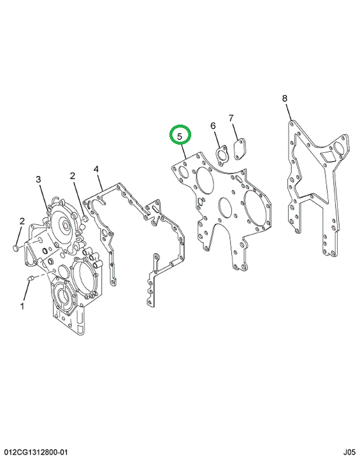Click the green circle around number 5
click(x=180, y=126)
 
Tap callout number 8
click(x=285, y=98)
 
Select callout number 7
click(x=231, y=119)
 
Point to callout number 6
click(x=213, y=126)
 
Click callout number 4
click(x=96, y=169)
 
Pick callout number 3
click(x=39, y=179)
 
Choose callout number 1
click(x=22, y=307)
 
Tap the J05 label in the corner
click(x=349, y=452)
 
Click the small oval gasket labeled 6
click(x=221, y=154)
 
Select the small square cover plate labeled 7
click(x=240, y=150)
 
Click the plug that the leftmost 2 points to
click(x=16, y=249)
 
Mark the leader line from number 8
click(x=289, y=112)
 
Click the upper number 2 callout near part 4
click(x=72, y=176)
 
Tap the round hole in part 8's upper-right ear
click(x=339, y=148)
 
